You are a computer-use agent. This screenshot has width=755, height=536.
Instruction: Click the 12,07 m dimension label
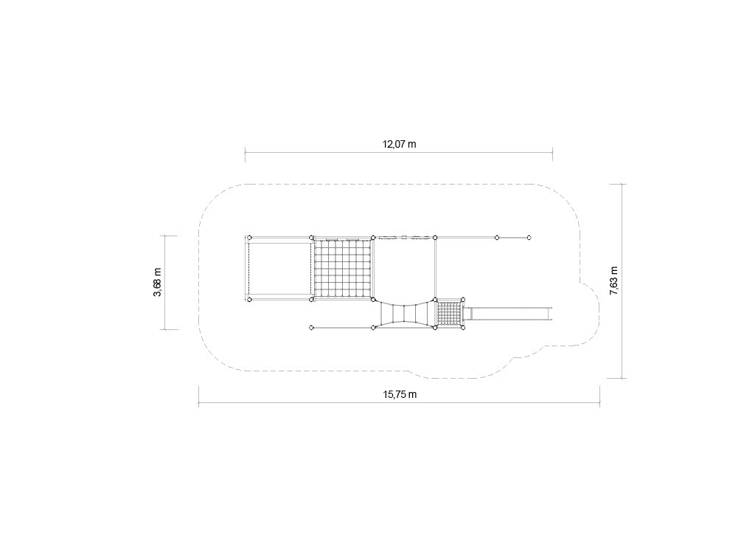tap(399, 144)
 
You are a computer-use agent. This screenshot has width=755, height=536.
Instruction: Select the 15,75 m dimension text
tap(400, 394)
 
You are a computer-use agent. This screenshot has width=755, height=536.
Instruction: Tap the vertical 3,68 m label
tap(158, 283)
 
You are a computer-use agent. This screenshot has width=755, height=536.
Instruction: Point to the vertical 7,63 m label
tap(614, 281)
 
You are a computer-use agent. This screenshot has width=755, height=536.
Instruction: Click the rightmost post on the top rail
tap(529, 238)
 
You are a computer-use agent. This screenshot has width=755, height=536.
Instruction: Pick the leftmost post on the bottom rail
tap(312, 328)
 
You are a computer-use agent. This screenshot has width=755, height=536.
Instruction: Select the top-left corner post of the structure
tap(249, 237)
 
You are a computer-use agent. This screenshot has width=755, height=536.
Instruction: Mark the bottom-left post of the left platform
tap(249, 299)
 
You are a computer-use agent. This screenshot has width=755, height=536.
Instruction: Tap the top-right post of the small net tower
tap(463, 299)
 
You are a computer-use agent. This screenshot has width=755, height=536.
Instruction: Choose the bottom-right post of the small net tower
tap(463, 328)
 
